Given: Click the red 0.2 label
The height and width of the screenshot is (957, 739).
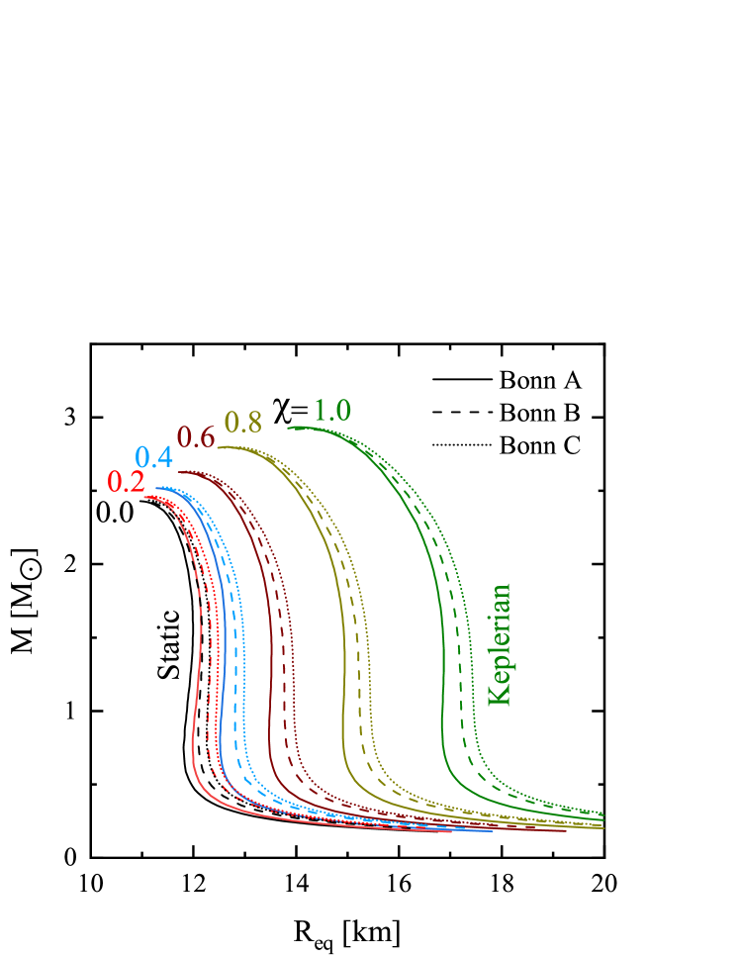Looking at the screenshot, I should pos(126,482).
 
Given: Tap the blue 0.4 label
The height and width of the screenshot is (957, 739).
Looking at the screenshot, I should pos(153,458).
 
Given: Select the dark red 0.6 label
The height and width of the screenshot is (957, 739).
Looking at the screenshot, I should pos(195,436).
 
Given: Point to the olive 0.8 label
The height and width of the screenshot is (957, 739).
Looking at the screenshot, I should pos(242,422).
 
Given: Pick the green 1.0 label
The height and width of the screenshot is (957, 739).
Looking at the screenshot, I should pos(332,411).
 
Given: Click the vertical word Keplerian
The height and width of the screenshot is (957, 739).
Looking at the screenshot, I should pos(501,644).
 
